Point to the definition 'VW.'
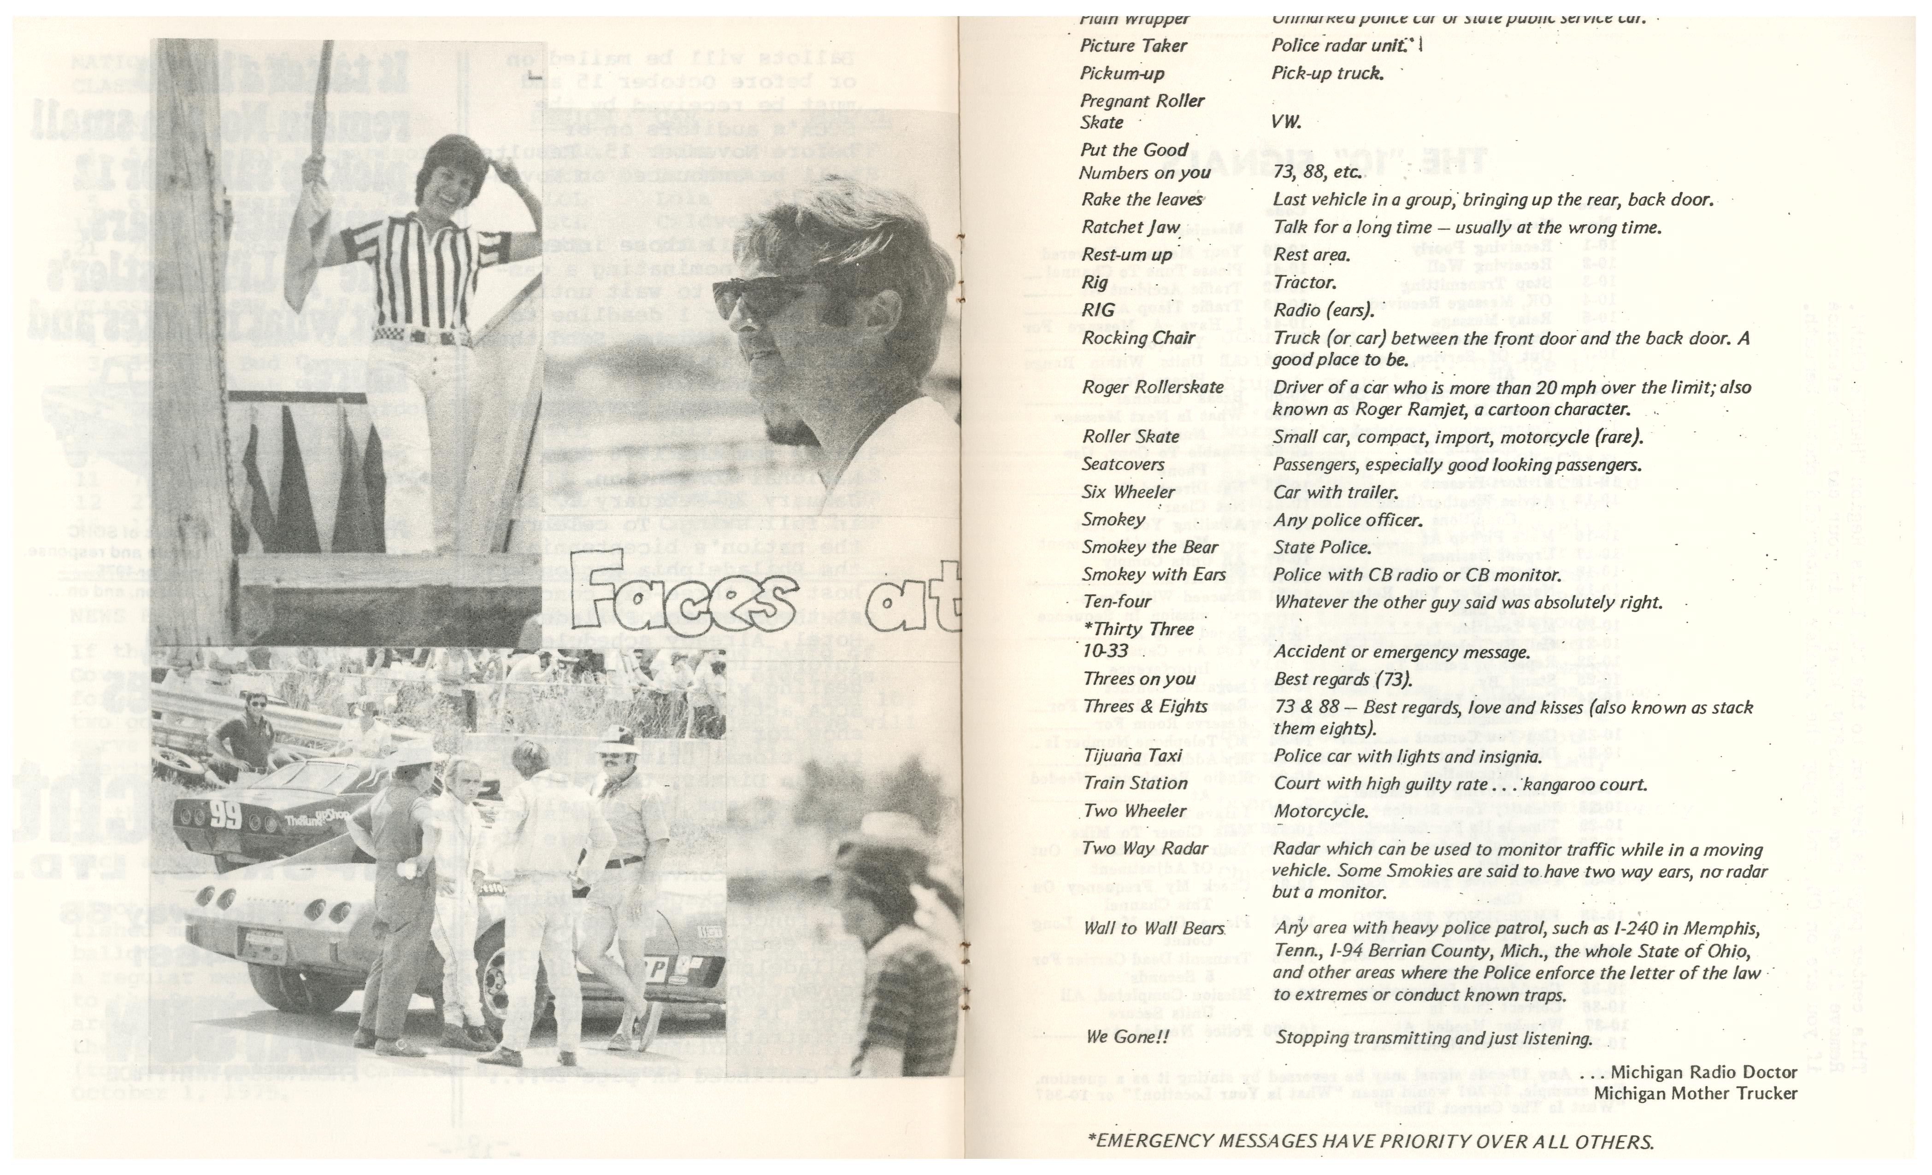1286,122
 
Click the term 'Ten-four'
1117,602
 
